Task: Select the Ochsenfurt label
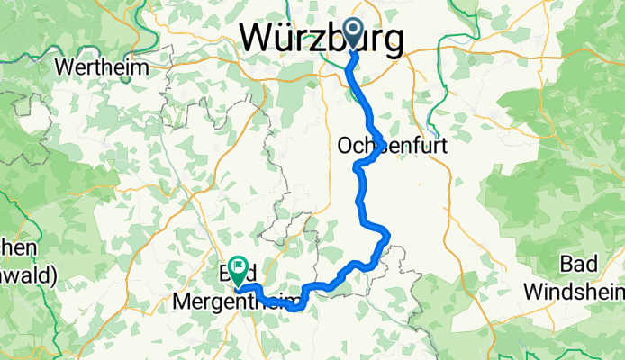pos(392,145)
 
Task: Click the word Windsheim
pos(575,292)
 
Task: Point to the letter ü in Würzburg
pos(284,38)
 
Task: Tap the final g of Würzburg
pos(390,42)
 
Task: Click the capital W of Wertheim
pos(63,67)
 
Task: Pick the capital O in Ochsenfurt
pos(345,145)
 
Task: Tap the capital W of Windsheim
pos(533,292)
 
